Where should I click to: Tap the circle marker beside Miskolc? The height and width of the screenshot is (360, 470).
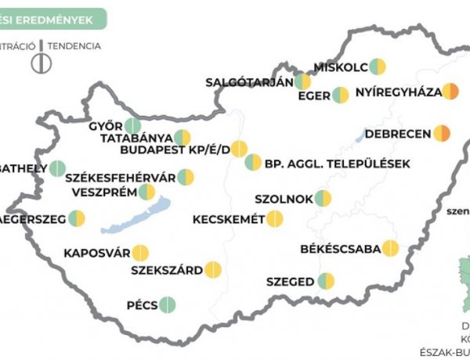click(378, 66)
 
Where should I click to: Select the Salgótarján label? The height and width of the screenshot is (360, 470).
click(249, 81)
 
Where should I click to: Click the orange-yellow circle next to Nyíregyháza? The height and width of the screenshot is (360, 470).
click(450, 92)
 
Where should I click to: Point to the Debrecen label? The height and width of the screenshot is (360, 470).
click(398, 134)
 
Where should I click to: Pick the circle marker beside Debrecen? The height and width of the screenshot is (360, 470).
click(443, 134)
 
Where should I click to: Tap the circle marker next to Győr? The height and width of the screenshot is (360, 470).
click(132, 125)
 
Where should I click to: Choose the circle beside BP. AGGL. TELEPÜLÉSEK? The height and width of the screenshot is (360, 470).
click(253, 163)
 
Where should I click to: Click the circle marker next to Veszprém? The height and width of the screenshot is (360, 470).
click(146, 192)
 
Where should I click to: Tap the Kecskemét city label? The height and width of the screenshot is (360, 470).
click(228, 219)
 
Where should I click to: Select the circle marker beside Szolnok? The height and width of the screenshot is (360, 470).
click(323, 199)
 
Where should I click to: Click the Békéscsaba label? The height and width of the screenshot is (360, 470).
click(340, 250)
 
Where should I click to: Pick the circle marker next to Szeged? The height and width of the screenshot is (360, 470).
click(326, 281)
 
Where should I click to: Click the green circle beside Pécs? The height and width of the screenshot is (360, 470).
click(167, 304)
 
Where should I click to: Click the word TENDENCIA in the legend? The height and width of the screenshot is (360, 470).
click(74, 45)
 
